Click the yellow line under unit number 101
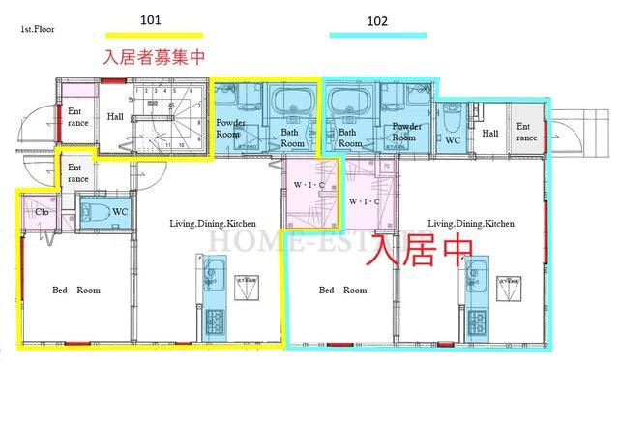point(154,36)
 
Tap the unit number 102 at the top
point(377,19)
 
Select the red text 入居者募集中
point(154,57)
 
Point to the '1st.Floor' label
point(36,30)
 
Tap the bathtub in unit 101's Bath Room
point(288,102)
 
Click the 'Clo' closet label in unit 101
point(42,212)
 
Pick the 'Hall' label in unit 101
point(115,117)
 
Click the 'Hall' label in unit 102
point(489,133)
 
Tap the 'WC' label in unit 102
point(453,139)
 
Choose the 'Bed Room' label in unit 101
point(75,290)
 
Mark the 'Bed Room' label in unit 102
point(342,290)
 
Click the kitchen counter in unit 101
point(215,296)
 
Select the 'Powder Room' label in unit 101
point(230,130)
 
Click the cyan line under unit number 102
point(377,36)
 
